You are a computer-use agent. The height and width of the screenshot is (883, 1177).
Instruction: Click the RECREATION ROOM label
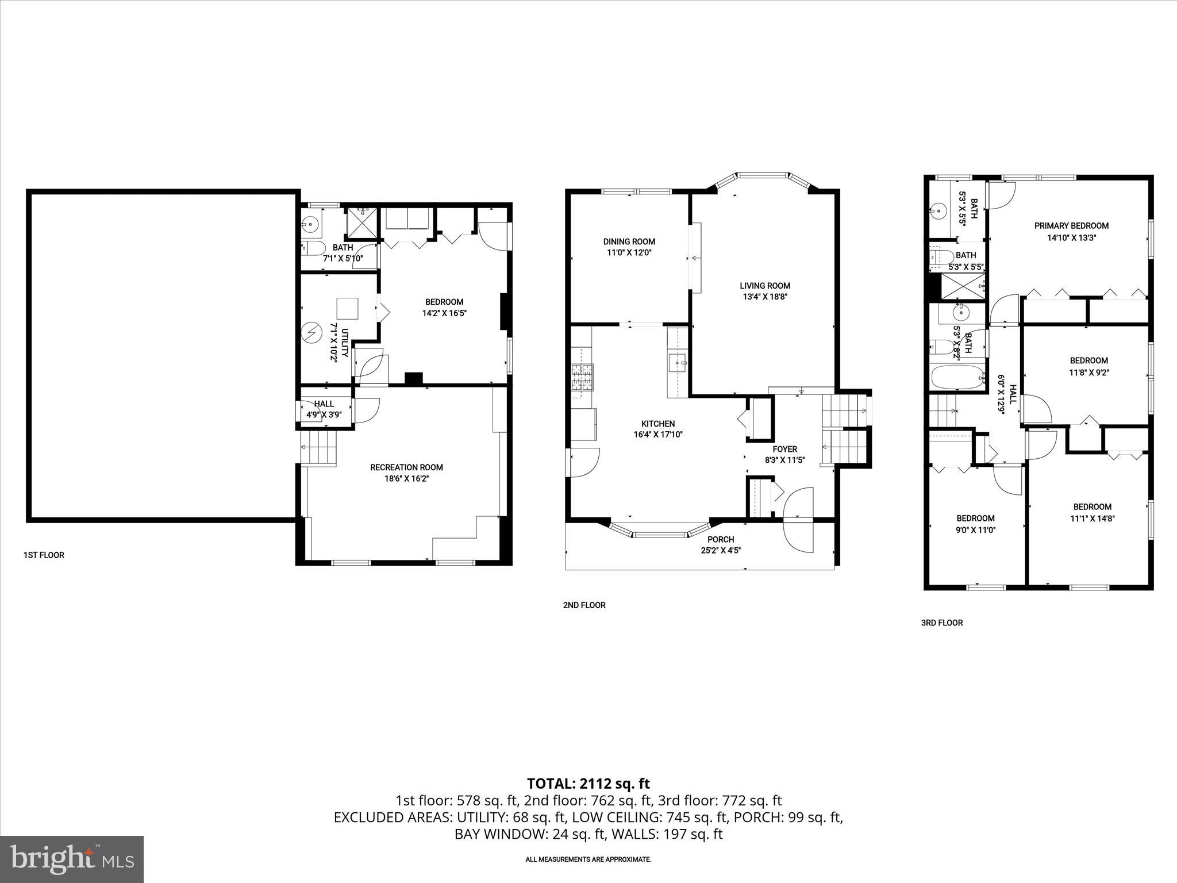point(406,467)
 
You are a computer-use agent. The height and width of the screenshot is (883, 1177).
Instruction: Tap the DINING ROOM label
point(629,241)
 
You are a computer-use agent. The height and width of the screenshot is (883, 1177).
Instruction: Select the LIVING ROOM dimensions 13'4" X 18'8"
point(764,297)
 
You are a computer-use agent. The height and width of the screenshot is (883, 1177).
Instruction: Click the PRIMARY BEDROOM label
point(1071,226)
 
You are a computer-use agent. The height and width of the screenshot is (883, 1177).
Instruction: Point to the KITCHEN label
point(658,424)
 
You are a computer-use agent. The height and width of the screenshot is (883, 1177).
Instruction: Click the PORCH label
point(721,539)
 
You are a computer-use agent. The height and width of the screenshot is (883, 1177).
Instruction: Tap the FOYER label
point(784,449)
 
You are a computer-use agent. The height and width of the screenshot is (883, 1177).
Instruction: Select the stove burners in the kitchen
point(582,378)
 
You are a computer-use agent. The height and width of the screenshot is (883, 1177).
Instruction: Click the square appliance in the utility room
point(347,309)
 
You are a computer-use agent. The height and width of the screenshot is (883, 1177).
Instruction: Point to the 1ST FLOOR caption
point(44,555)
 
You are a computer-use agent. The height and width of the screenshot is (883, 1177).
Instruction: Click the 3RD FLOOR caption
point(941,623)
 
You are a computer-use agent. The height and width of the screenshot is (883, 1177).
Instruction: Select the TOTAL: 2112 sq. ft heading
point(588,783)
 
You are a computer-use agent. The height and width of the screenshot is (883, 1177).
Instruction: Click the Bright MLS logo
point(72,859)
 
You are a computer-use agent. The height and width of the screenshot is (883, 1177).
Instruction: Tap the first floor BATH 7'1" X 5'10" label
point(343,253)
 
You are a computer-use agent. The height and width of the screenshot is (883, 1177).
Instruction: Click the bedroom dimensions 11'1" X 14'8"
point(1092,518)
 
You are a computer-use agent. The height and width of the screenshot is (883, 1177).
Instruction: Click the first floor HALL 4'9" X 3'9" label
point(324,409)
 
